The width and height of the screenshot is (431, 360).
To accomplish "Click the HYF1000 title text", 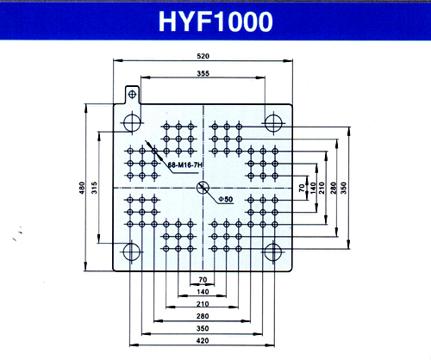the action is [215, 22].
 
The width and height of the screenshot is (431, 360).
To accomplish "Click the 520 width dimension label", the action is [203, 56].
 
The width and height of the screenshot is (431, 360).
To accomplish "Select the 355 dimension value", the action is [203, 73].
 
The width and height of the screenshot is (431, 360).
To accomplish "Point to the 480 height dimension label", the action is [82, 188].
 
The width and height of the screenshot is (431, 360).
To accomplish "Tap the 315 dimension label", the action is [94, 188].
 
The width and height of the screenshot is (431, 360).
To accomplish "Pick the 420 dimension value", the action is [203, 340].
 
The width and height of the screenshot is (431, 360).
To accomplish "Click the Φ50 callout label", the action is [225, 199].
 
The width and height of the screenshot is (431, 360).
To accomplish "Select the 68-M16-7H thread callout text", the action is [185, 165].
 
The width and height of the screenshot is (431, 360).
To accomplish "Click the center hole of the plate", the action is [203, 188].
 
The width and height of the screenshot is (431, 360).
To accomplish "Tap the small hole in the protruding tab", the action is [132, 94].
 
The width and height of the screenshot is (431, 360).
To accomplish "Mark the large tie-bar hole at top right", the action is [273, 122].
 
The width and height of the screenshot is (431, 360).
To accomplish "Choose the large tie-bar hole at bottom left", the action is [131, 251].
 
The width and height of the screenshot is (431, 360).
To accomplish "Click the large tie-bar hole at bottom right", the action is [272, 251].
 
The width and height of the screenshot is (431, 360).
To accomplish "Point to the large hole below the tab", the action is [132, 122].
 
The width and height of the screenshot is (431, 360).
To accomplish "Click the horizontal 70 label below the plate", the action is [203, 279].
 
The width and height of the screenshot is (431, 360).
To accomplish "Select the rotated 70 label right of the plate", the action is [302, 188].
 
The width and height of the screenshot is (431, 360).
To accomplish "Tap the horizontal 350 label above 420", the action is [203, 328].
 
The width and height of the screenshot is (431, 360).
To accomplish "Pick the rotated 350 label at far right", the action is [344, 188].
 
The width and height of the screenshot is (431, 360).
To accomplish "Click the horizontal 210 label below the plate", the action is [203, 304].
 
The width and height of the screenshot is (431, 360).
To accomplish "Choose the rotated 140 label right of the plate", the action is [313, 188].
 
